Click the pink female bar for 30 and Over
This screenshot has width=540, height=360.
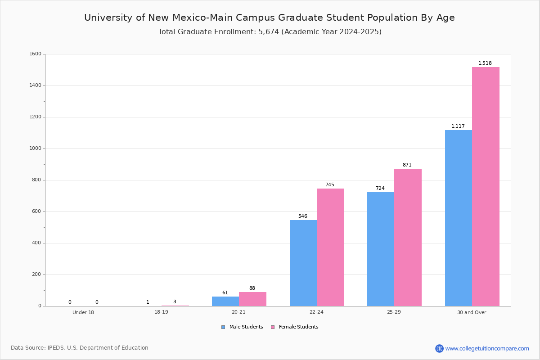486,187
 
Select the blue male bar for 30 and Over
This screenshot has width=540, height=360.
459,218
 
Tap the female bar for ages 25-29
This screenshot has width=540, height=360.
408,238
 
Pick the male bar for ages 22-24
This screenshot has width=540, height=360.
303,263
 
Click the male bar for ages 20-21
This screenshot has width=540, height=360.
225,301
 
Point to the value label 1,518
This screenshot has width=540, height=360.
485,63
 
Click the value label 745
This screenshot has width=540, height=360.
330,184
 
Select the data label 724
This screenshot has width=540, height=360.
380,188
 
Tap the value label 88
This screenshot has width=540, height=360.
252,288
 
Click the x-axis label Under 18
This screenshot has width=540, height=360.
83,312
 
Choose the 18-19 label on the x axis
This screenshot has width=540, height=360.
161,312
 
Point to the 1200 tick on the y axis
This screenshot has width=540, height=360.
35,117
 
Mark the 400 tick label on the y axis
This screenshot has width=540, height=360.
36,243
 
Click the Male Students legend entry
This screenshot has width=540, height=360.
242,327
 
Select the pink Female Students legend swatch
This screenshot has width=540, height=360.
273,327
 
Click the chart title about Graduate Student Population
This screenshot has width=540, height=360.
270,18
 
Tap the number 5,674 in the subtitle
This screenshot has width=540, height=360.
269,32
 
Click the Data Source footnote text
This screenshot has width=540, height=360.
80,348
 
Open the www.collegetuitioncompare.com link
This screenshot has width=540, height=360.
487,349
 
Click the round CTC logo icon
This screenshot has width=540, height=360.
439,348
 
